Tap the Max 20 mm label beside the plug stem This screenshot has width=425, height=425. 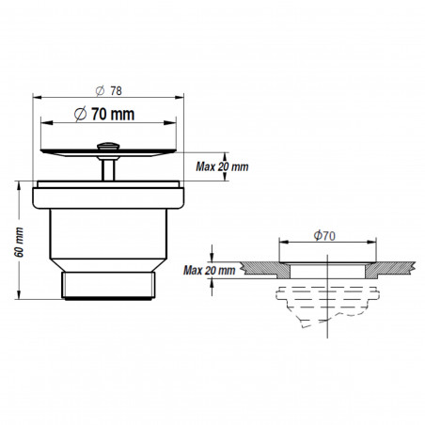coord(222,166)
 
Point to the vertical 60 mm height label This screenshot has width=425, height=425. coord(20,242)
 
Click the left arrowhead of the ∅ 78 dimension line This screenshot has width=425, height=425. coord(38,98)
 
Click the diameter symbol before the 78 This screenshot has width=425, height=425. coord(101,91)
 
